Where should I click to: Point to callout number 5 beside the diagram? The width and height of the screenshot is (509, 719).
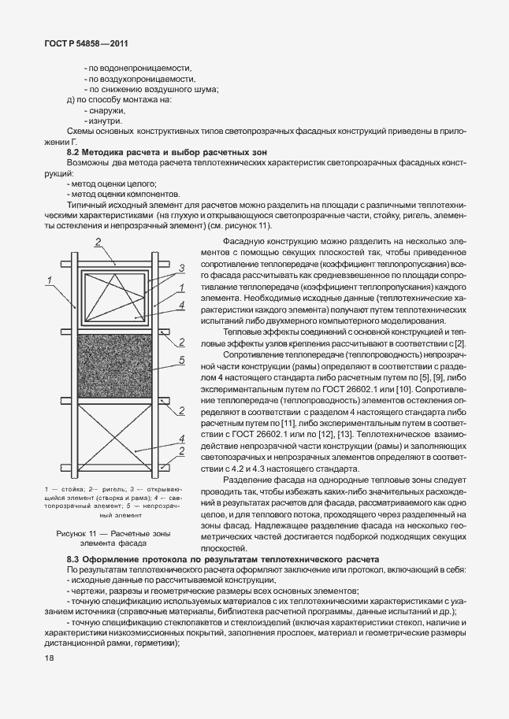click(x=182, y=360)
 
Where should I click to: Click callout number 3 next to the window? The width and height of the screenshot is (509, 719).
click(x=182, y=268)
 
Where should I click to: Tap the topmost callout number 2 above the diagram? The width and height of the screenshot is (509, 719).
click(x=98, y=242)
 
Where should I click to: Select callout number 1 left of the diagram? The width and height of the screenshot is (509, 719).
click(x=49, y=280)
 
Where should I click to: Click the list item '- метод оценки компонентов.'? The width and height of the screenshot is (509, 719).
click(x=124, y=193)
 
